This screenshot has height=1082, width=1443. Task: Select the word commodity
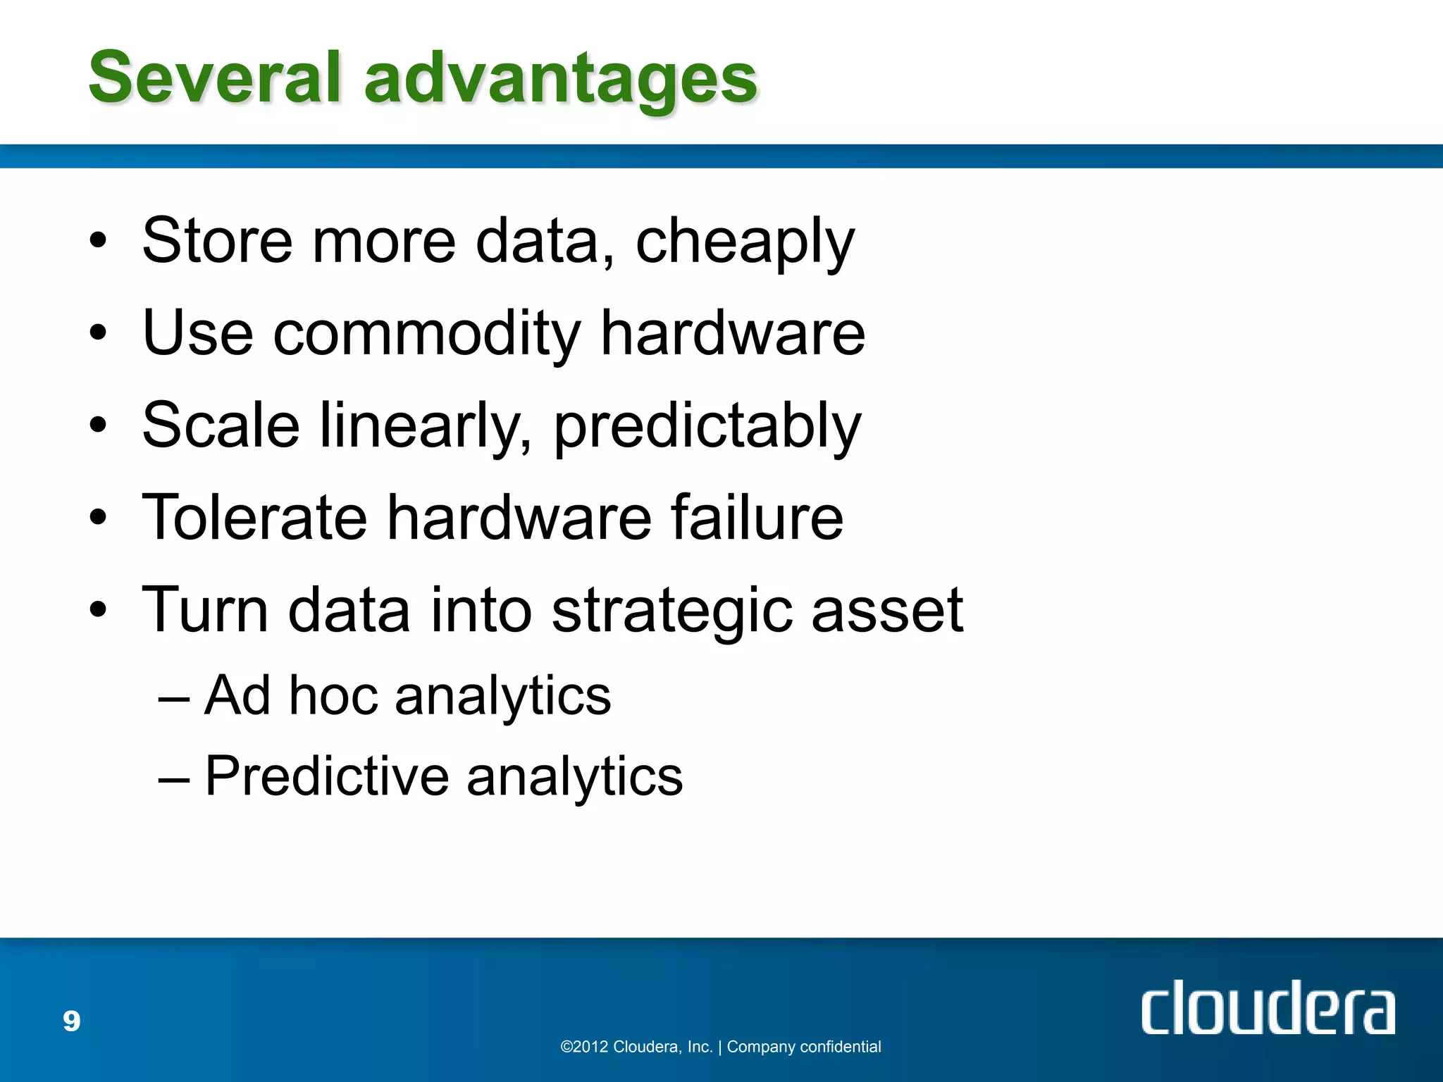coord(426,335)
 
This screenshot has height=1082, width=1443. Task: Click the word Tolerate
coord(254,518)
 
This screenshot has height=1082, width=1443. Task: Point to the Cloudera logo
coord(1267,1007)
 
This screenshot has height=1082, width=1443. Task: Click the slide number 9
coord(72,1021)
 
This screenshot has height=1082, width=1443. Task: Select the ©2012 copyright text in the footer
coord(636,1047)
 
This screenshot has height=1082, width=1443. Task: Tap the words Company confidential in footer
coord(803,1047)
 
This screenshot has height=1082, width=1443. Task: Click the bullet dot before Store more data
coord(98,241)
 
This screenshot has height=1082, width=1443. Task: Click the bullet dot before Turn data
coord(98,609)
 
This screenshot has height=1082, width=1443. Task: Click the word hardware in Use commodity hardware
coord(732,335)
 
